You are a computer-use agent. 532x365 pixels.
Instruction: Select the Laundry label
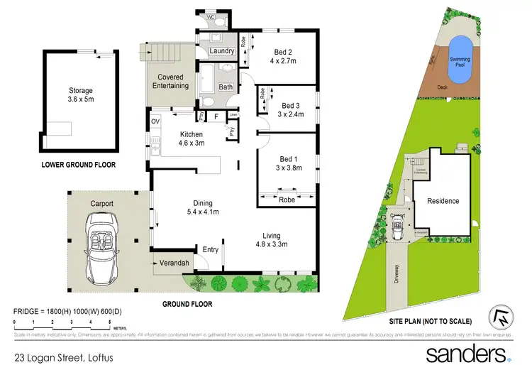coord(222,51)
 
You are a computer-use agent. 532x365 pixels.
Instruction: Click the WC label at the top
coord(211,18)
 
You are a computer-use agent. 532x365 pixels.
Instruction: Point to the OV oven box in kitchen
coord(155,121)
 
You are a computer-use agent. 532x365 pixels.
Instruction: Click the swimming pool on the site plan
coord(463,54)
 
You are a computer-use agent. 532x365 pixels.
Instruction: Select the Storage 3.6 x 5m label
coord(81,95)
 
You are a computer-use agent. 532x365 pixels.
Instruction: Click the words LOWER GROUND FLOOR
coord(78,165)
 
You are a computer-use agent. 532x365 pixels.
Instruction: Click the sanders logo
coord(467,352)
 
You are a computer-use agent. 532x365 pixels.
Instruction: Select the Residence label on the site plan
coord(443,201)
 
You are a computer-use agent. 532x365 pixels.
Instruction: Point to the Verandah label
coord(176,263)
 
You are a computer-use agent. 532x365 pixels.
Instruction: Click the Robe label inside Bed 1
coord(287,200)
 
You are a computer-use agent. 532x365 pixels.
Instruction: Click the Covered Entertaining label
coord(170,82)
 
